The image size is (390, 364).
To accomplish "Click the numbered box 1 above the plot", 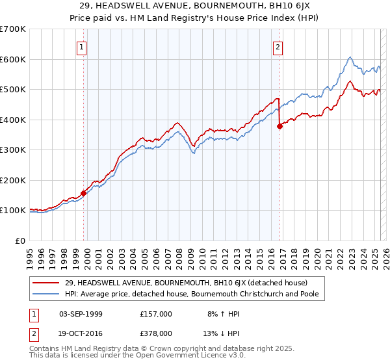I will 83,47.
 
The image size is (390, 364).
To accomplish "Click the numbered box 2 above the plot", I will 278,47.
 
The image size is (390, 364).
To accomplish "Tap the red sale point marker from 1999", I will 84,193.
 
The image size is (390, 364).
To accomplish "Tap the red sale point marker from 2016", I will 280,127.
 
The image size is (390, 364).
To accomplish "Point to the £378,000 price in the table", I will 155,334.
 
